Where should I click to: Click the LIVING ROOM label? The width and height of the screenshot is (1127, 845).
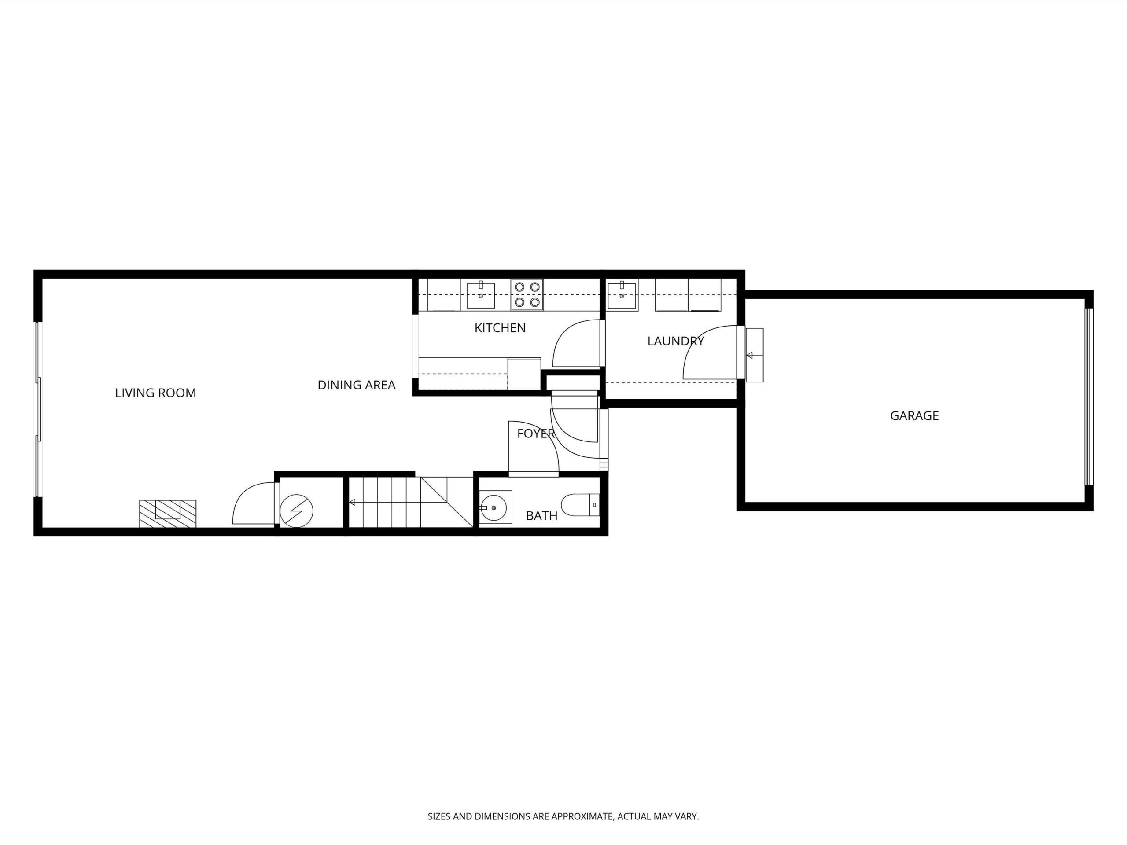pos(155,393)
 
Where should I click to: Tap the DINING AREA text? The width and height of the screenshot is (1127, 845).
pos(357,385)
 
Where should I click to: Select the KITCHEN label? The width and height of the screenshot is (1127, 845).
pos(500,328)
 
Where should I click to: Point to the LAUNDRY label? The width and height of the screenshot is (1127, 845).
pos(676,341)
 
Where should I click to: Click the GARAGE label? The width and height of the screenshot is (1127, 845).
pos(914,415)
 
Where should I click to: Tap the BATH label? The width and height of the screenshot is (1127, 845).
pos(541,516)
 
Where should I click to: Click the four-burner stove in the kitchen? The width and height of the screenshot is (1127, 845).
pos(527,294)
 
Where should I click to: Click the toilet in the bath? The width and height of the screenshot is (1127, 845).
pos(580,505)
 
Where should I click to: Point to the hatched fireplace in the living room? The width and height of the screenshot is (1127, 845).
pos(168,514)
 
